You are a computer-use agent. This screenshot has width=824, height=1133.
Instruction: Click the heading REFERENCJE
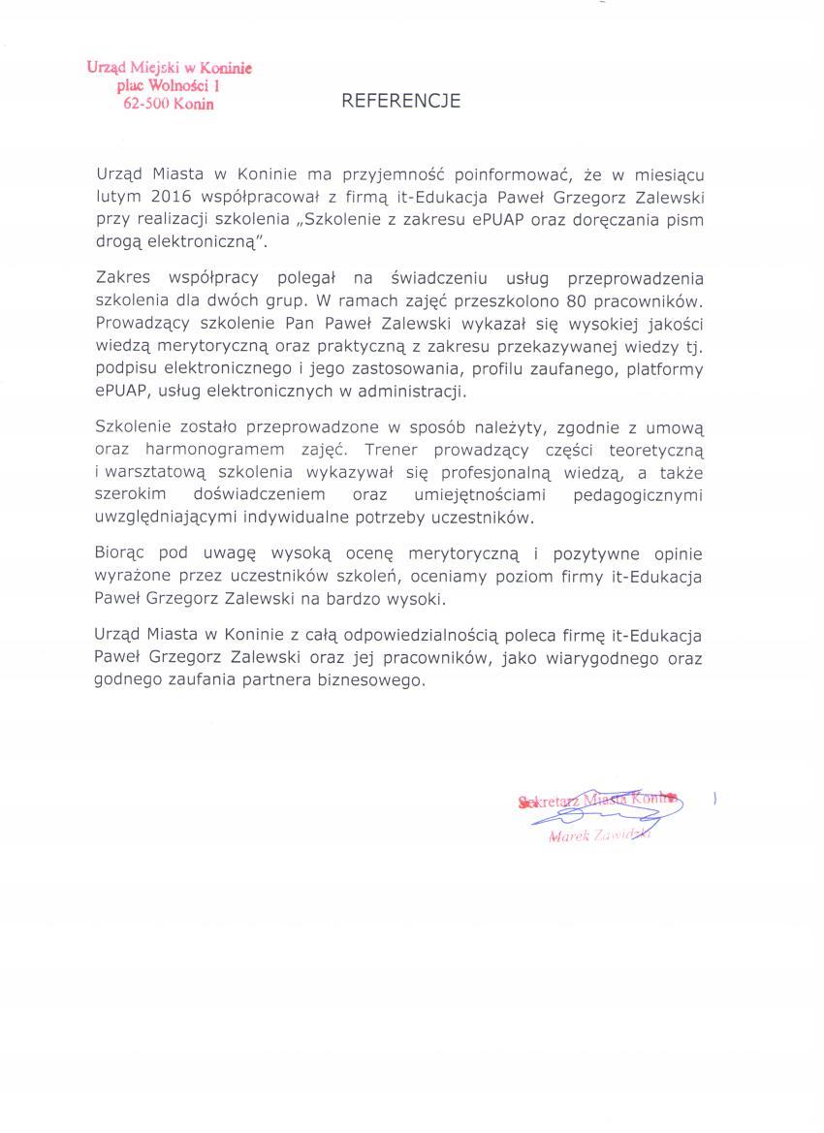[400, 100]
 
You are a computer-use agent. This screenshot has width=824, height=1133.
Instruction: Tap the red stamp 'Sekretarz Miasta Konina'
[597, 801]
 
